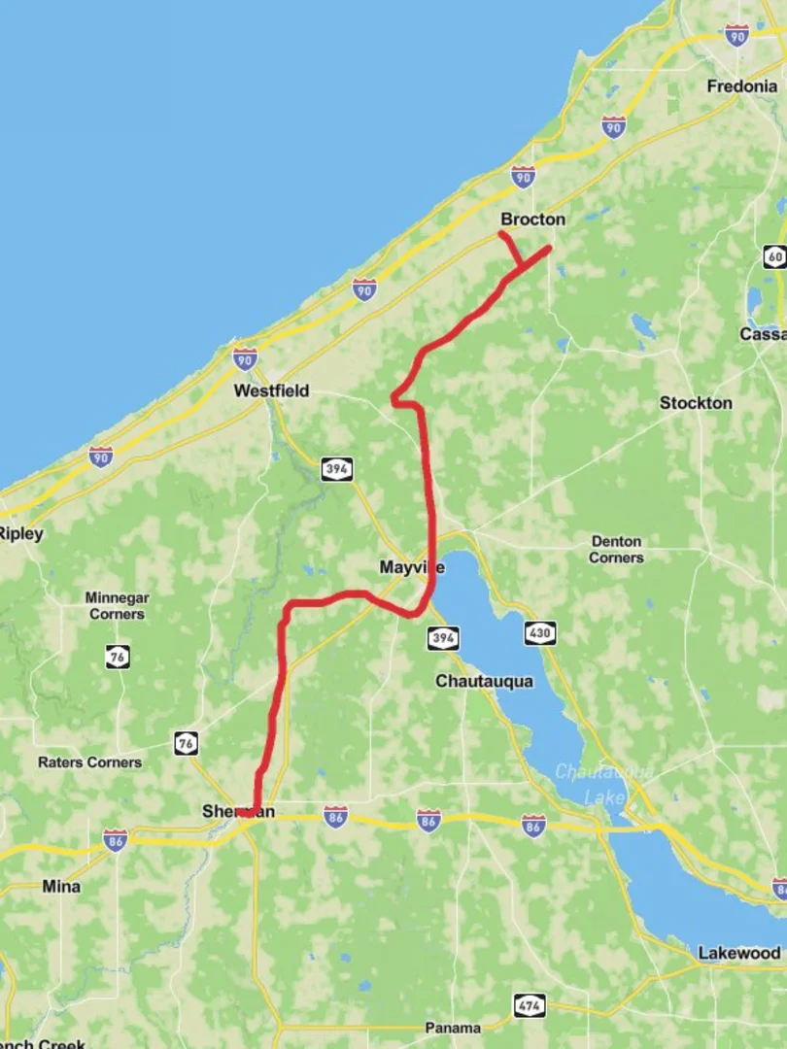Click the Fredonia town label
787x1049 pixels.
coord(741,86)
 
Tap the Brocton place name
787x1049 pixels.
coord(532,220)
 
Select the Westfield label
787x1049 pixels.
coord(271,390)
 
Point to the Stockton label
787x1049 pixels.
coord(696,402)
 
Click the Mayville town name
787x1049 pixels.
coord(412,566)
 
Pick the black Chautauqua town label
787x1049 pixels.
coord(484,681)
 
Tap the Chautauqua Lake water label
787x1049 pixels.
coord(604,784)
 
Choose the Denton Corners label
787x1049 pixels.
coord(616,549)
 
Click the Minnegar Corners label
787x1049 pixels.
coord(117,606)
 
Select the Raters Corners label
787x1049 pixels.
coord(89,762)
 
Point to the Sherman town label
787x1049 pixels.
coord(238,811)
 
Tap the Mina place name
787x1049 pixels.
coord(61,886)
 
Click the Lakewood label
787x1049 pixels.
coord(738,953)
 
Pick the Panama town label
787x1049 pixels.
coord(453,1028)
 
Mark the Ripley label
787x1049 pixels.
coord(20,533)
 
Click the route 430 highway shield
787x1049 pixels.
coord(540,633)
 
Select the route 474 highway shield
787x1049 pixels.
coord(530,1005)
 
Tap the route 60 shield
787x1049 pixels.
coord(774,256)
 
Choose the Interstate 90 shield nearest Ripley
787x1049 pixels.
coord(100,456)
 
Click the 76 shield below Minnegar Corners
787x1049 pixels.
coord(118,657)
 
